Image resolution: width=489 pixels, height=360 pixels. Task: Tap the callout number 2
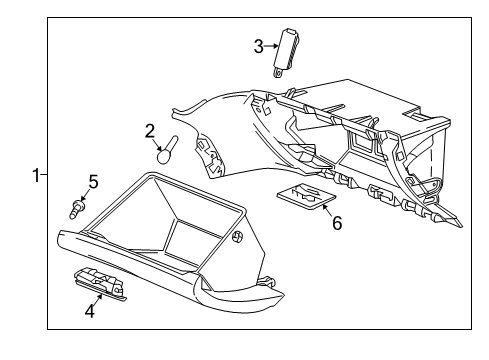150,130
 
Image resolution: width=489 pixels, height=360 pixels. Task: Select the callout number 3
258,46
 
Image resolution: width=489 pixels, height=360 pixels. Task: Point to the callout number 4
89,311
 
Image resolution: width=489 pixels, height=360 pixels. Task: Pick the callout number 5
93,182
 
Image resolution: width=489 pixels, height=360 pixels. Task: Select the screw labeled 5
76,209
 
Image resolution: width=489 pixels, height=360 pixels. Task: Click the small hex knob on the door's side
238,237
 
